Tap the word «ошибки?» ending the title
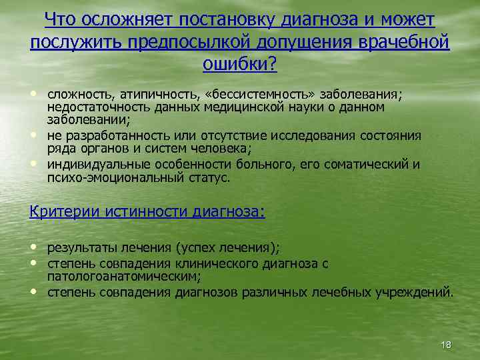coord(239,64)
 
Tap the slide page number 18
coord(446,344)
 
